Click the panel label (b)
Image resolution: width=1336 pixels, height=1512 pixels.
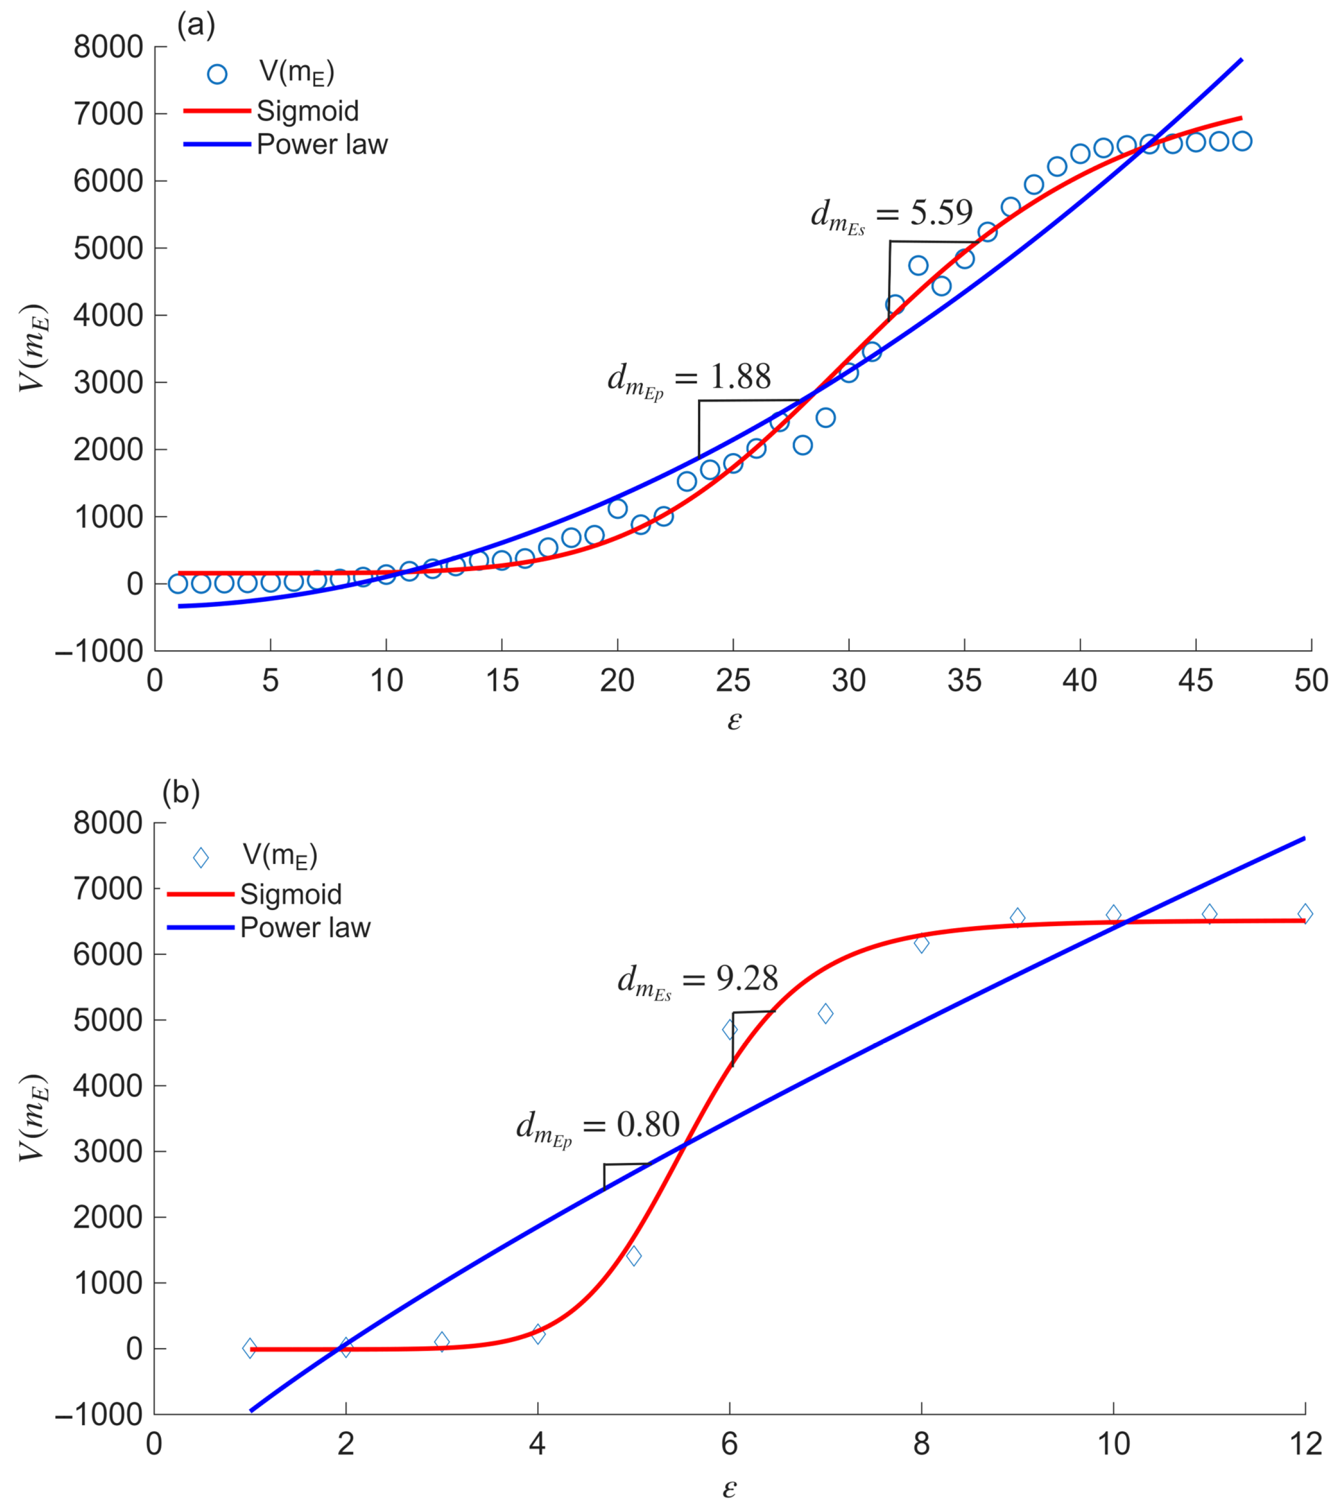click(x=180, y=793)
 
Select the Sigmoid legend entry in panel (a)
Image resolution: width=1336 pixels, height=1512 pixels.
click(x=307, y=111)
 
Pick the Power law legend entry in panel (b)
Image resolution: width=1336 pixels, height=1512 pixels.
click(x=305, y=928)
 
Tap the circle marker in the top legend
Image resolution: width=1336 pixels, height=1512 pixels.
click(x=217, y=74)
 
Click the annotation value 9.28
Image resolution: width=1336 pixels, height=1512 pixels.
click(x=747, y=980)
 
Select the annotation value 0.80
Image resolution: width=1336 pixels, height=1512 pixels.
click(x=648, y=1125)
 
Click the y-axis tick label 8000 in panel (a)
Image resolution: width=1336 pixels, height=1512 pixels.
click(x=108, y=47)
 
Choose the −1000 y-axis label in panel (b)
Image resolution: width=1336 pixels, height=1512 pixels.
click(x=99, y=1414)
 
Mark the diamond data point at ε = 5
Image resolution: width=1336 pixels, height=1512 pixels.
click(x=634, y=1256)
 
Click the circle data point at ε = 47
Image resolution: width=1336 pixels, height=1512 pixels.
click(x=1242, y=141)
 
